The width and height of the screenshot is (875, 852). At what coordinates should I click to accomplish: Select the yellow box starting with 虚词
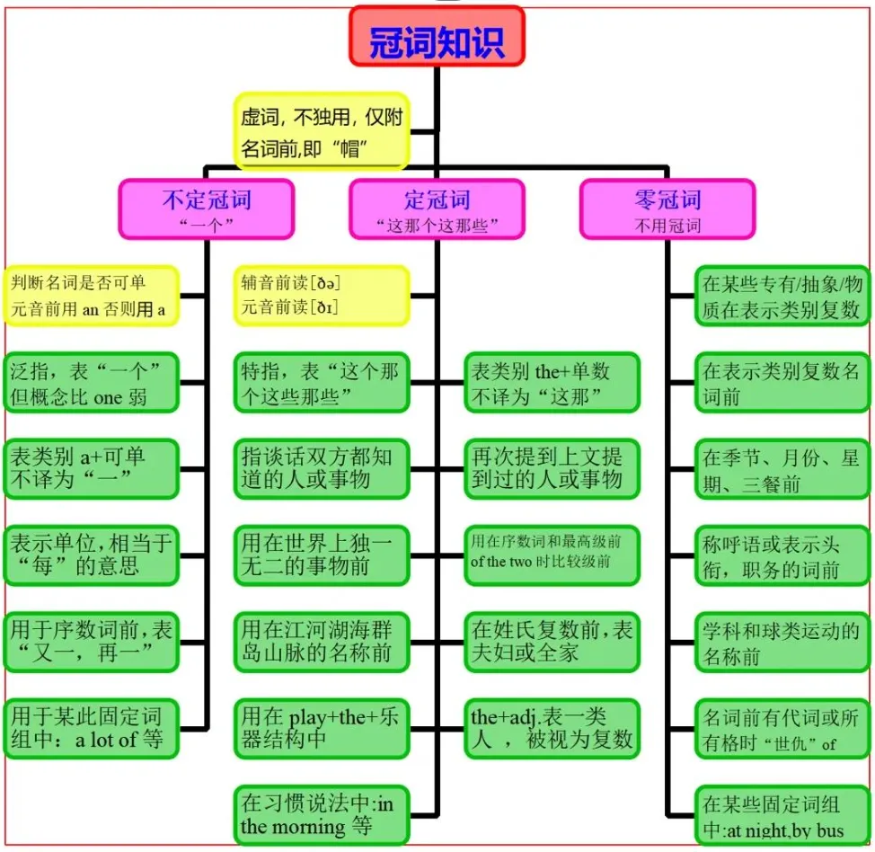pos(322,130)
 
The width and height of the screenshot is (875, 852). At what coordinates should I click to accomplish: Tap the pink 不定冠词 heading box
pos(206,209)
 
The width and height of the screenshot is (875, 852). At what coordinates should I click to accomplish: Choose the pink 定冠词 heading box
pos(437,209)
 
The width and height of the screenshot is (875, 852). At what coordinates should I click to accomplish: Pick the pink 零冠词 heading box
pos(667,209)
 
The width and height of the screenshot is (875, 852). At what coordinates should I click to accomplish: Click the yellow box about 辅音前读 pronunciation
pos(322,296)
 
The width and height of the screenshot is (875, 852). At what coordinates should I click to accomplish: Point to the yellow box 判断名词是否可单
pos(91,296)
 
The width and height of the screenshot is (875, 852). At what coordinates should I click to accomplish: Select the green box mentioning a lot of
pos(91,729)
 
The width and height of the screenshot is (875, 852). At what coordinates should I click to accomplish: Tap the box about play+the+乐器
pos(322,729)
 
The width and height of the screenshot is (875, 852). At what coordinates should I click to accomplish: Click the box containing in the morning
pos(322,814)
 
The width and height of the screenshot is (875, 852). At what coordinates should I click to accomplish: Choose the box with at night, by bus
pos(782,814)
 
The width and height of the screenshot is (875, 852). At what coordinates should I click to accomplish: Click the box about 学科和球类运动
pos(782,643)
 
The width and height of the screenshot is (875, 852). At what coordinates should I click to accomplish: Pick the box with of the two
pos(552,555)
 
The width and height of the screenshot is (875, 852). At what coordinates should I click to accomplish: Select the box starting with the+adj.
pos(552,729)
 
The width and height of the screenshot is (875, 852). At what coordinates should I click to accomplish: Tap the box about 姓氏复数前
pos(552,643)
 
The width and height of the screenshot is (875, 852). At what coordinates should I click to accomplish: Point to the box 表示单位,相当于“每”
pos(91,555)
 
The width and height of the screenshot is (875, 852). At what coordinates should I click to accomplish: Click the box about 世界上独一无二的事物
pos(322,555)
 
